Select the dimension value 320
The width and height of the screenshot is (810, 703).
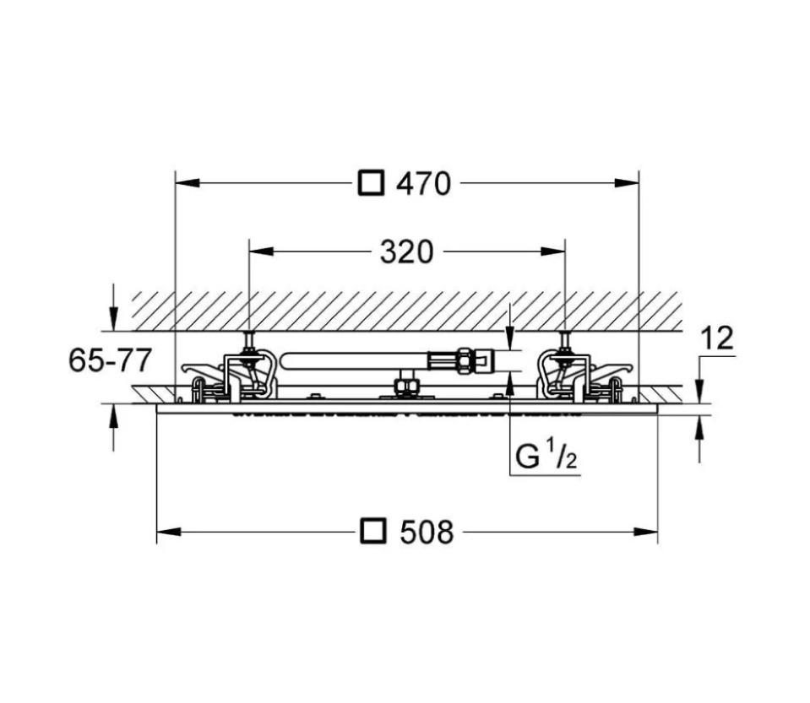405,251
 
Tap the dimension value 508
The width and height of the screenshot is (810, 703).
426,532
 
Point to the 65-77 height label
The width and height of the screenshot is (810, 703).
110,360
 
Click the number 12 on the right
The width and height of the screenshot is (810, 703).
717,338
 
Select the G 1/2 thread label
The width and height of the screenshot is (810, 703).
546,457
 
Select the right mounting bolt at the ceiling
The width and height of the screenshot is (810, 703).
563,343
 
